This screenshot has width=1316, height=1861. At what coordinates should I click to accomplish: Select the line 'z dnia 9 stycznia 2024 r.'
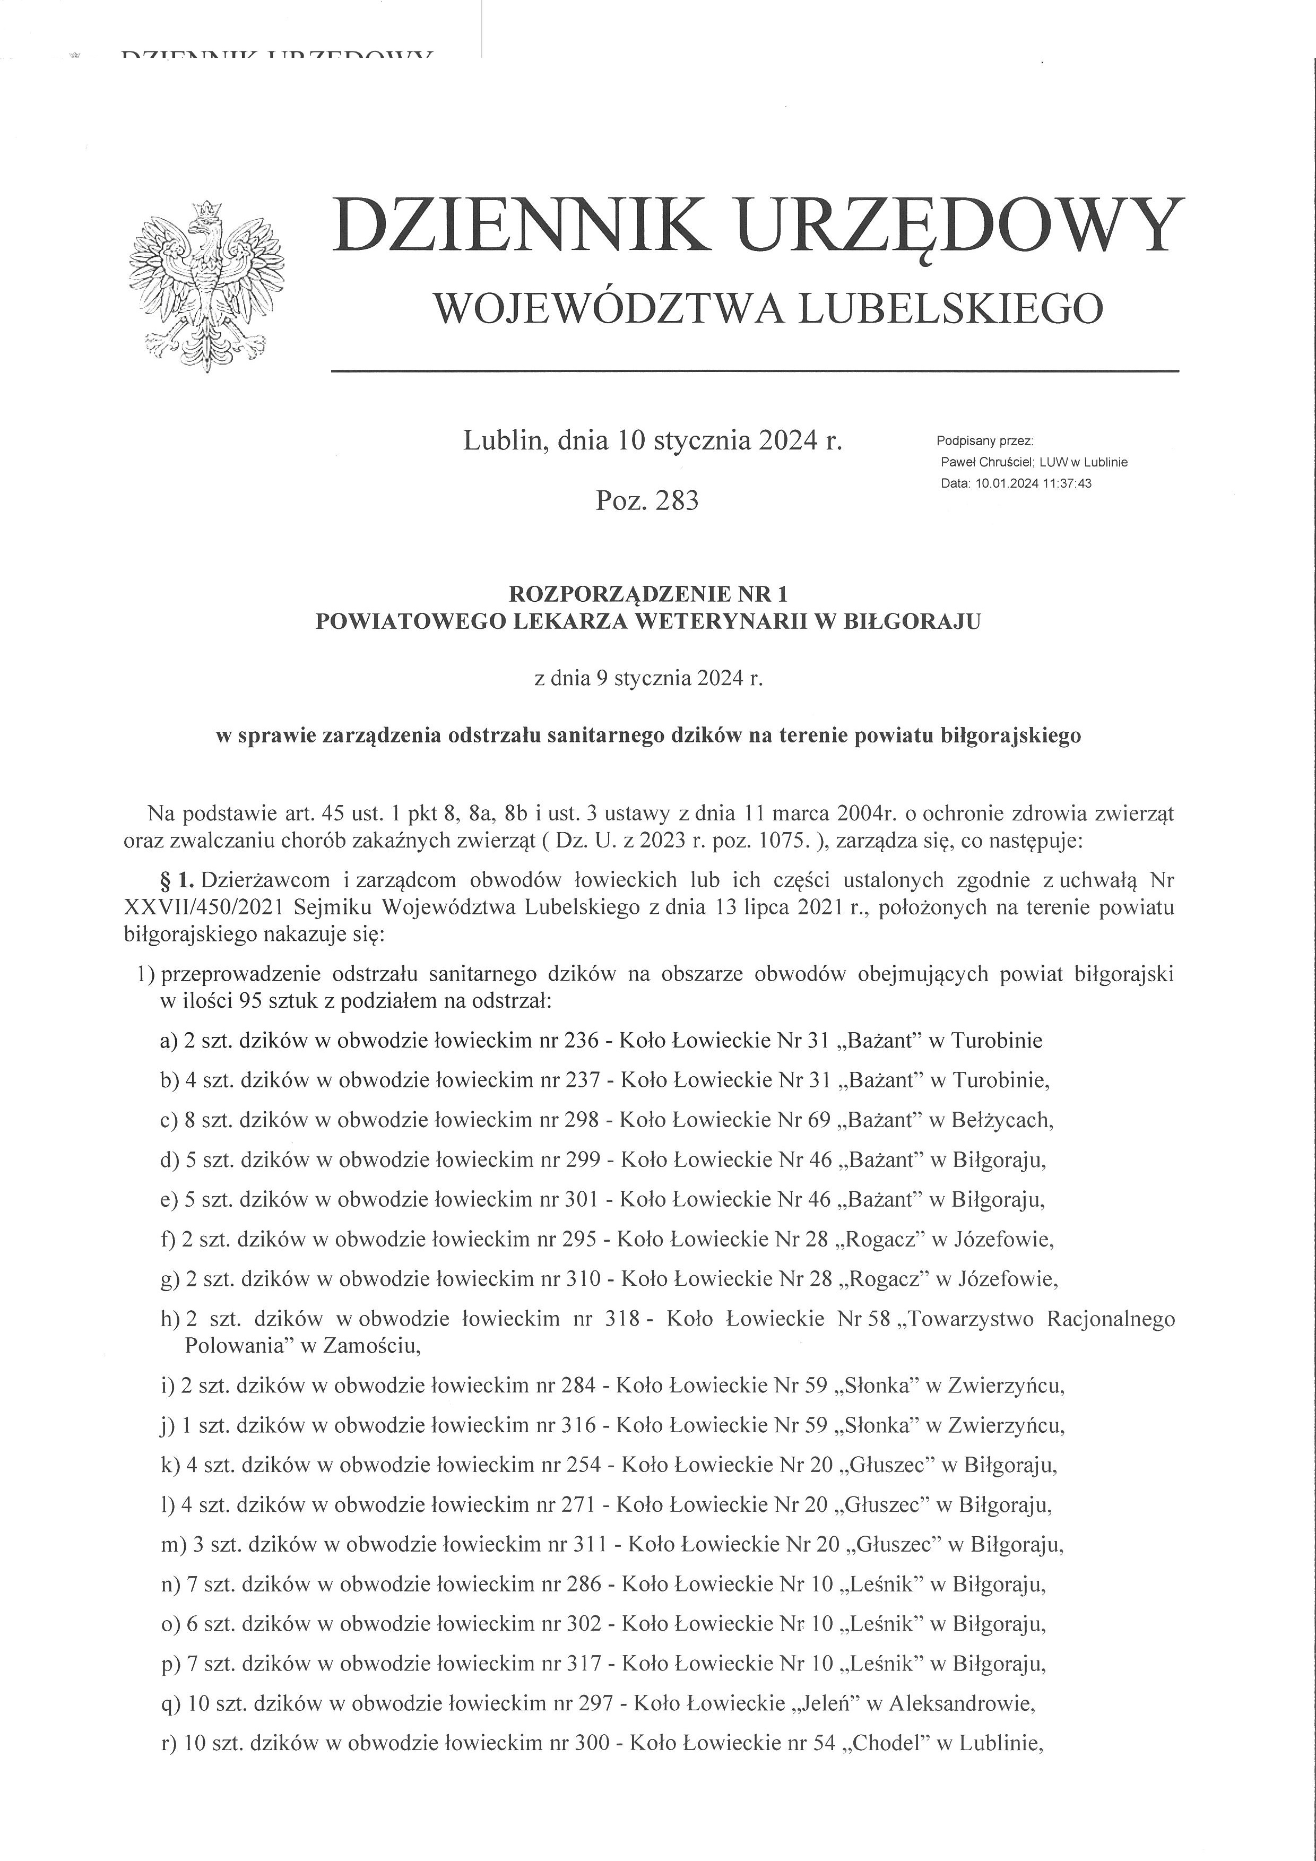[648, 678]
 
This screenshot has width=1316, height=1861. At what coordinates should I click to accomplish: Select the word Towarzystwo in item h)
[967, 1319]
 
